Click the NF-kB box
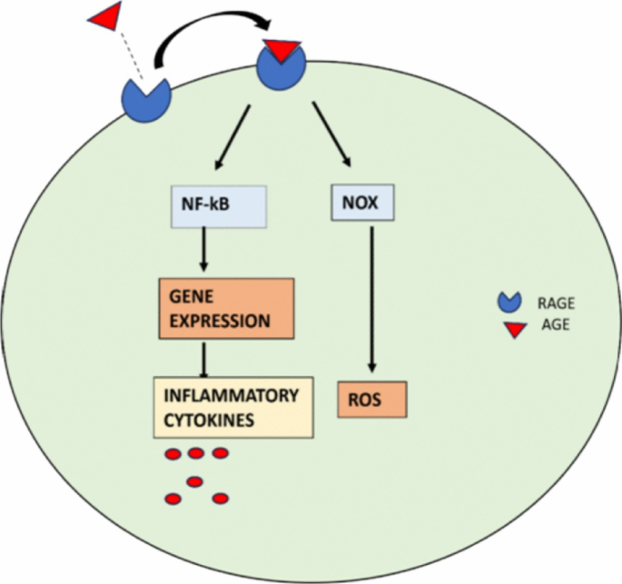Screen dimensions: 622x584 tap(219, 206)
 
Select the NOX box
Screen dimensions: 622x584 tap(362, 203)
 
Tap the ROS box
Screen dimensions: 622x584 tap(372, 400)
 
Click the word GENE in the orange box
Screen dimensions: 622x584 tap(192, 297)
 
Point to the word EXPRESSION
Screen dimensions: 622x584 tap(220, 321)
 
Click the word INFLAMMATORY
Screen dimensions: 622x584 tap(232, 396)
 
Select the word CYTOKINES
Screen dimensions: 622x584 tap(209, 421)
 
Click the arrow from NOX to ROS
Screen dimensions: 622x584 tap(371, 300)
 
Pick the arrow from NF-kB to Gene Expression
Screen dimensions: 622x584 tap(204, 249)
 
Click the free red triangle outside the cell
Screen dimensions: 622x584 tap(106, 15)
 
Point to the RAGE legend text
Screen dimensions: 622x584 tap(556, 303)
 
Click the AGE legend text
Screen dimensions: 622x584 tap(556, 325)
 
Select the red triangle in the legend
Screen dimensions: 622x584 tap(515, 330)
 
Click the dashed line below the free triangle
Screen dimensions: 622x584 tap(132, 55)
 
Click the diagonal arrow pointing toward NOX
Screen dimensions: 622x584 tap(331, 134)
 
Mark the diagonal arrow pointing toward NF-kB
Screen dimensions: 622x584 tap(232, 137)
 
